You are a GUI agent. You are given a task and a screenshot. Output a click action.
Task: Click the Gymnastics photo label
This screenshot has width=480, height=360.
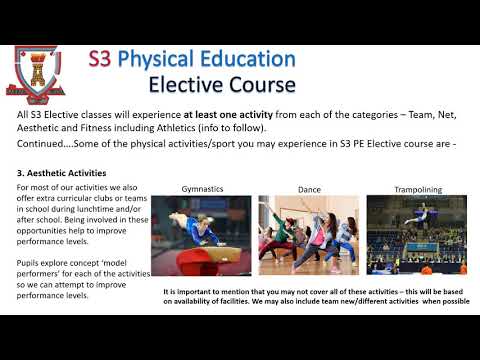pos(203,189)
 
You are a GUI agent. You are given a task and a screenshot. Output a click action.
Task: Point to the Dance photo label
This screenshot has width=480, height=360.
pos(309,189)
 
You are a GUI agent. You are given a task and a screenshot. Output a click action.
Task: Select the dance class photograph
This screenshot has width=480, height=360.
pos(308,236)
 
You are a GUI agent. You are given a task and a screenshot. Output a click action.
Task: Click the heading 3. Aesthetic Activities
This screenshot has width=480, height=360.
pos(62,173)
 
